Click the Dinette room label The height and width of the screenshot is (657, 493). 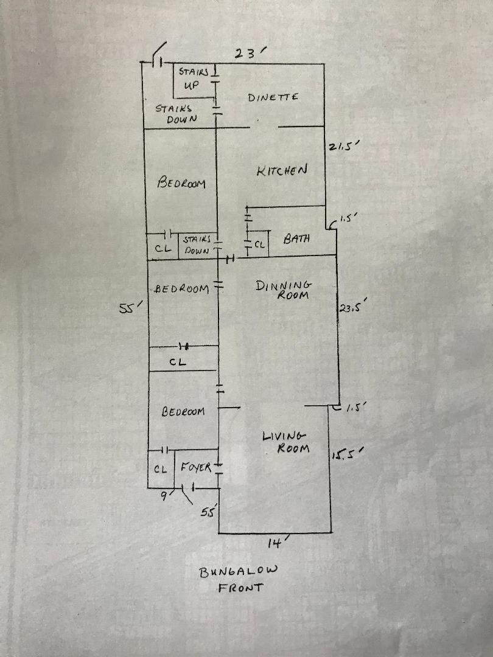click(273, 97)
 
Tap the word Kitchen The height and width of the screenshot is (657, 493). click(281, 171)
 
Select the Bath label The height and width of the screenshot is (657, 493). click(297, 238)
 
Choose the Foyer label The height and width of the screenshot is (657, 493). click(195, 468)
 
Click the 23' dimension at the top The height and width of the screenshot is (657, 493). click(248, 54)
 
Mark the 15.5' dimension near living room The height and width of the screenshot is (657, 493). click(347, 454)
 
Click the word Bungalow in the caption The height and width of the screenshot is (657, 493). click(238, 571)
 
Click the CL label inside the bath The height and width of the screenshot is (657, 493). click(259, 245)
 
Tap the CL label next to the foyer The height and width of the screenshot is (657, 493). click(160, 469)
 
